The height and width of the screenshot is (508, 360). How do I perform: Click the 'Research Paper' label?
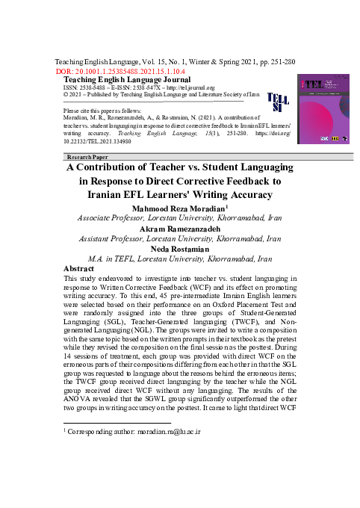tap(87, 157)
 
